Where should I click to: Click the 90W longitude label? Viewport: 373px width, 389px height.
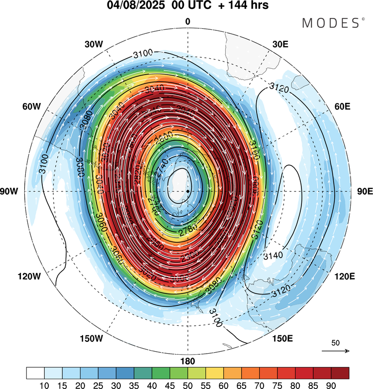[15, 192]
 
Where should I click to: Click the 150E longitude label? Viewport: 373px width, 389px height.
[282, 339]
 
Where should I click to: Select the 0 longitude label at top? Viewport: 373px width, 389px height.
[187, 21]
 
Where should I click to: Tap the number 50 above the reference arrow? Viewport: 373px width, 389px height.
[335, 343]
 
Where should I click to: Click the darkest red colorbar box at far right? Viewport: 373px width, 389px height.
[339, 373]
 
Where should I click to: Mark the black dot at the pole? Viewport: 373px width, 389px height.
[187, 191]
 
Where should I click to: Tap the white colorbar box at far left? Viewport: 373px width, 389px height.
[35, 373]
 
